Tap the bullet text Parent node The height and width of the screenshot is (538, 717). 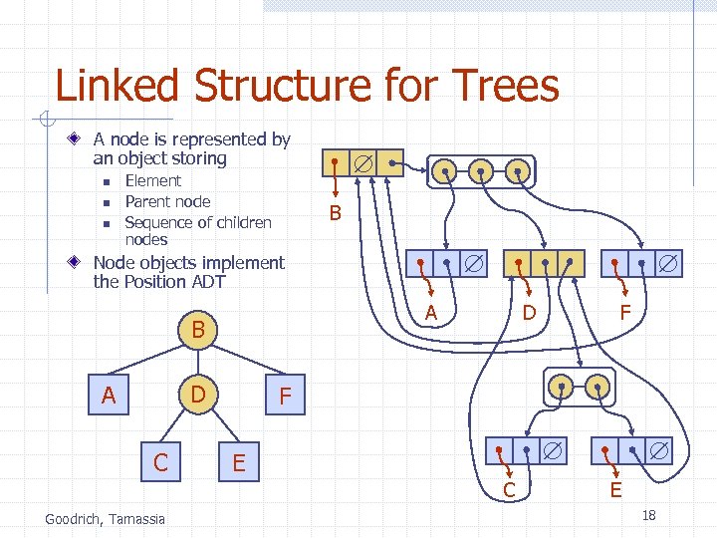[167, 201]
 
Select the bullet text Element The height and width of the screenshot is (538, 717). [152, 180]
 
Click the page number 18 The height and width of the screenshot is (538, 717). [648, 515]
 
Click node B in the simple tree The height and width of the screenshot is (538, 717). [198, 330]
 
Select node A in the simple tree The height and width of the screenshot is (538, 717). [109, 397]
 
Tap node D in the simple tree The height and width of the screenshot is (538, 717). [198, 396]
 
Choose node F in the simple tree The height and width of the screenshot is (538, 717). [286, 398]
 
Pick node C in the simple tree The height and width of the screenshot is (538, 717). [160, 462]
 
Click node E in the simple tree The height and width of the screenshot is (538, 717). [239, 462]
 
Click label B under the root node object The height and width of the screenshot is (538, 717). [335, 212]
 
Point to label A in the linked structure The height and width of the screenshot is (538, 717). [431, 313]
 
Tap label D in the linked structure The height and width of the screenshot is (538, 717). [530, 313]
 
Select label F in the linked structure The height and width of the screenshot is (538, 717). [625, 313]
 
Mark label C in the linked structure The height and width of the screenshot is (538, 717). [509, 489]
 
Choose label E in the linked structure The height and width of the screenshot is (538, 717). [615, 489]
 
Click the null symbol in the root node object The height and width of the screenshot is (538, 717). [364, 162]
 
